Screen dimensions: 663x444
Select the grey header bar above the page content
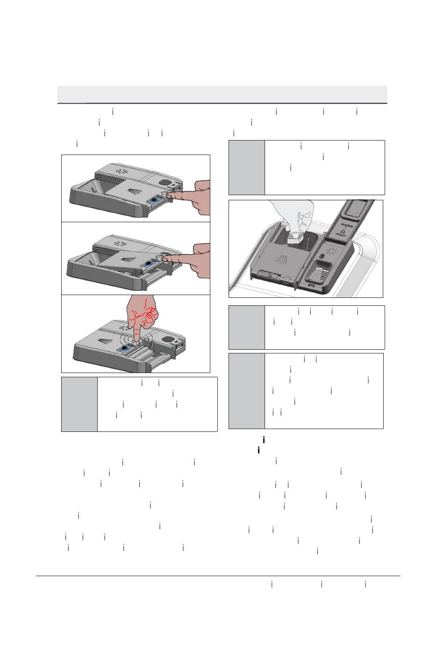pos(222,94)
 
